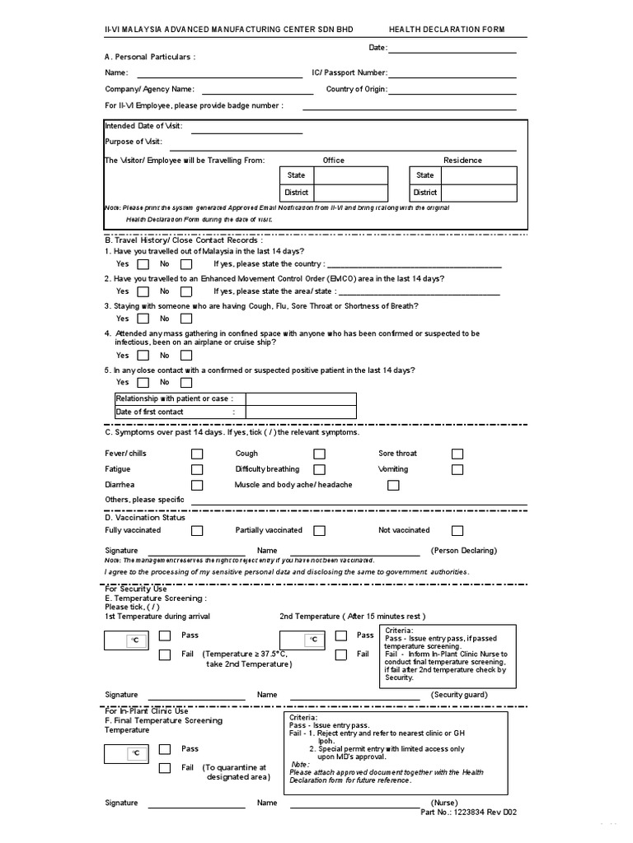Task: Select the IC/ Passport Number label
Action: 349,72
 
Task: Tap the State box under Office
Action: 350,175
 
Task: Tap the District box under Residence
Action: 480,193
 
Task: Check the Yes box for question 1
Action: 143,264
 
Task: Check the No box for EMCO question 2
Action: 186,291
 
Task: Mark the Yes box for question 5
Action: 143,382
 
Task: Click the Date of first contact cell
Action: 301,412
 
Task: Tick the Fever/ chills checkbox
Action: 197,454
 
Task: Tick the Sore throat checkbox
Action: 457,454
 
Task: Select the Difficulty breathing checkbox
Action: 319,469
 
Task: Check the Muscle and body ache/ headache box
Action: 393,486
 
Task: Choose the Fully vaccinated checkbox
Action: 197,531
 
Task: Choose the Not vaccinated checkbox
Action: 457,531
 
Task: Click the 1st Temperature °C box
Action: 127,640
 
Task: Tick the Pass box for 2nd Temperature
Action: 340,636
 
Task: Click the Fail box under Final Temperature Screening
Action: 165,768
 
